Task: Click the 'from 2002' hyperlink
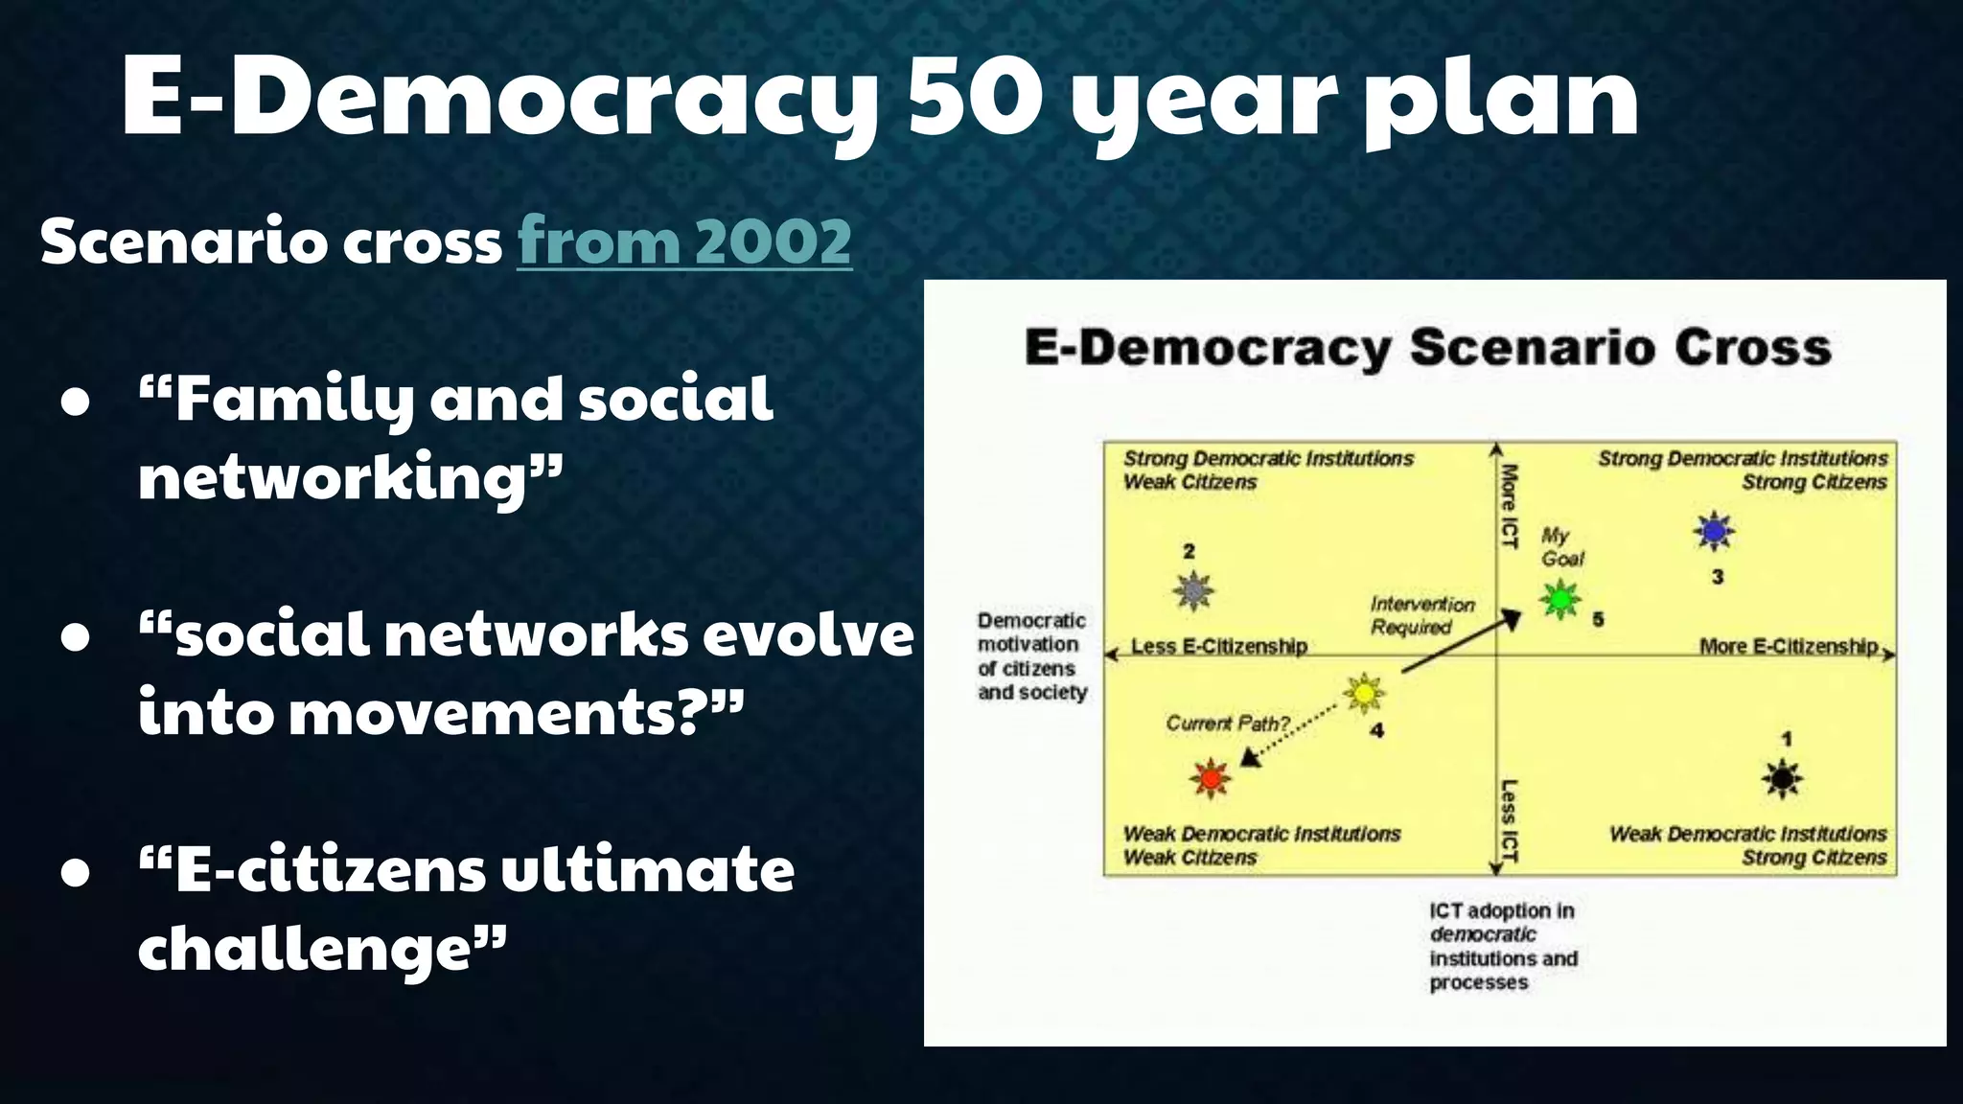pos(684,241)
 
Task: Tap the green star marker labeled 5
pos(1560,600)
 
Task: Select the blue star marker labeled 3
pos(1714,531)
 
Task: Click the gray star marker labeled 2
pos(1192,590)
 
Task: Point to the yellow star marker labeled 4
pos(1363,692)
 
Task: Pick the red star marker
pos(1211,778)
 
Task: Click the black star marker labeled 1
pos(1782,778)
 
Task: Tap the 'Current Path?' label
pos(1228,724)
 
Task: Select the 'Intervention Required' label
pos(1421,615)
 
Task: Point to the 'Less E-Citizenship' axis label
pos(1219,647)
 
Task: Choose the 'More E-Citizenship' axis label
pos(1789,647)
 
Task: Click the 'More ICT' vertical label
pos(1509,506)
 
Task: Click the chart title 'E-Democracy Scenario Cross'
pos(1428,347)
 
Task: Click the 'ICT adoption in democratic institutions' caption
pos(1502,946)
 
